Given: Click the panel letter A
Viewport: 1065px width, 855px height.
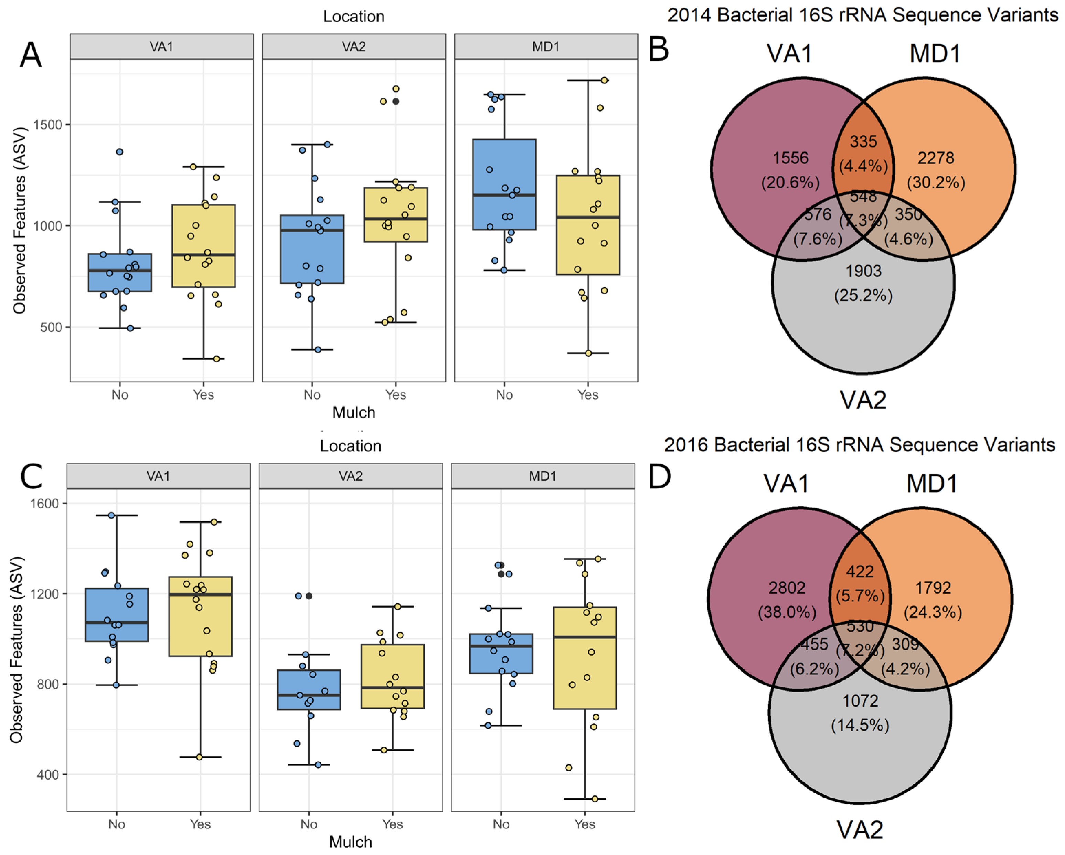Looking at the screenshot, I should (31, 55).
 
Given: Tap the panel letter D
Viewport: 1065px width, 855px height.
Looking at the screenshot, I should (659, 477).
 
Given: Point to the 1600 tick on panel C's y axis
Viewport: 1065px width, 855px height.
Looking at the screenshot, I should (45, 504).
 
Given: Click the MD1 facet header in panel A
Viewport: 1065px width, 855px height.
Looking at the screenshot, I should (546, 47).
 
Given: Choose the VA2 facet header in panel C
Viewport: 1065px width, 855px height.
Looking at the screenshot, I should (350, 476).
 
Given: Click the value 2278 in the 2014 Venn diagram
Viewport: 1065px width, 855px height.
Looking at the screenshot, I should (936, 158).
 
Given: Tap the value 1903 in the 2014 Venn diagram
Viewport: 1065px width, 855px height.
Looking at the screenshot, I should (863, 271).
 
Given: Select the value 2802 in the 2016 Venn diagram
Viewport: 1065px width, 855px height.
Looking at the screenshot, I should (786, 588).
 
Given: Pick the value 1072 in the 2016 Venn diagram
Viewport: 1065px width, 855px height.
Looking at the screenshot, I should (860, 700).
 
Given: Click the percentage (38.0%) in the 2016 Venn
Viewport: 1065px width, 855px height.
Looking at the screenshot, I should (786, 612).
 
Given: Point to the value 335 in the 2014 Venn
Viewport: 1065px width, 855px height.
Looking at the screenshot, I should (863, 142).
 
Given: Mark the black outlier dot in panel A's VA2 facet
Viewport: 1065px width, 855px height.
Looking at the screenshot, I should (396, 101).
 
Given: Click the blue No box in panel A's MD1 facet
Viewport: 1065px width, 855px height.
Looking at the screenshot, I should (504, 184).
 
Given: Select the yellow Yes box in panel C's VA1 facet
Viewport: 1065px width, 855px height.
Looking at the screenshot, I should (200, 616).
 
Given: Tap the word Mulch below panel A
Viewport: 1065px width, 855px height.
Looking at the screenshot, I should (354, 412).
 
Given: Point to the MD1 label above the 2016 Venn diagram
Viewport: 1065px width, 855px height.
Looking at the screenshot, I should (931, 483).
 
